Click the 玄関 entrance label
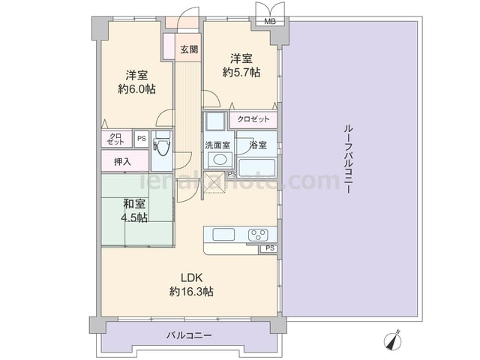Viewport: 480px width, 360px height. pos(189,49)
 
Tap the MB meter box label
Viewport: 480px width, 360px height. pos(270,22)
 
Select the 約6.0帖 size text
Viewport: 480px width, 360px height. pos(136,89)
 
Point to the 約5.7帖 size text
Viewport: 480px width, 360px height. pos(241,72)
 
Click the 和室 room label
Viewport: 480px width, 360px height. pos(134,204)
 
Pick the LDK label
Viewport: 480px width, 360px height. pos(192,278)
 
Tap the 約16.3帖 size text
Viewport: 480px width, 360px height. pos(192,292)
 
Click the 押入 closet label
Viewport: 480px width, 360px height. pos(122,162)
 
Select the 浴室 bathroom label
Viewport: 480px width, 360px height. pos(258,145)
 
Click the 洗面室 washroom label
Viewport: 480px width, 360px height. pos(217,145)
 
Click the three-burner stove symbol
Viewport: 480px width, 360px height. pos(259,235)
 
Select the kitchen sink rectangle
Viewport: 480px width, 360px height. pos(223,235)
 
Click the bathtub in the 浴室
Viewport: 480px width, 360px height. pos(257,167)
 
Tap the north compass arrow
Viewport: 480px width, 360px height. pos(393,340)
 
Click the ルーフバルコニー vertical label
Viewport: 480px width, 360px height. pos(348,159)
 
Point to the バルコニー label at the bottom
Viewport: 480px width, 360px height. pos(189,335)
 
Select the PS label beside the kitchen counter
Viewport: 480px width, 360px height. pos(270,248)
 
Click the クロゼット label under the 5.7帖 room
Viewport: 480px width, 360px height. pos(253,119)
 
